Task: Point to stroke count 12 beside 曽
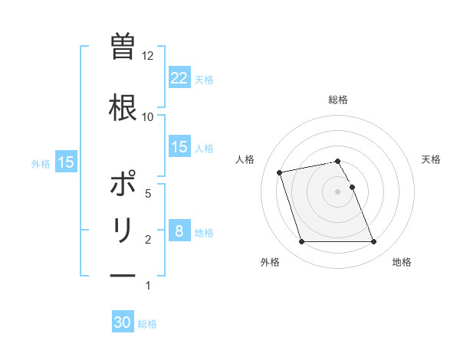pyautogui.click(x=148, y=56)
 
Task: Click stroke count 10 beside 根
pyautogui.click(x=148, y=116)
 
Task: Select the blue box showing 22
pyautogui.click(x=179, y=78)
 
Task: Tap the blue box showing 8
pyautogui.click(x=179, y=231)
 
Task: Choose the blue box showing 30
pyautogui.click(x=123, y=322)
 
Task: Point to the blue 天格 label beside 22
pyautogui.click(x=204, y=79)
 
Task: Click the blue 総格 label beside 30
pyautogui.click(x=148, y=323)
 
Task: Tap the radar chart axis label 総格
pyautogui.click(x=338, y=100)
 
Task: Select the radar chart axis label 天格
pyautogui.click(x=432, y=159)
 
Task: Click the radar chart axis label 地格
pyautogui.click(x=402, y=262)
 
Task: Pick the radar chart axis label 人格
pyautogui.click(x=245, y=159)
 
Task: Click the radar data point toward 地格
pyautogui.click(x=373, y=242)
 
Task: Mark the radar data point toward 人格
pyautogui.click(x=280, y=172)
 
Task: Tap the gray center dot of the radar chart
pyautogui.click(x=338, y=191)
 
